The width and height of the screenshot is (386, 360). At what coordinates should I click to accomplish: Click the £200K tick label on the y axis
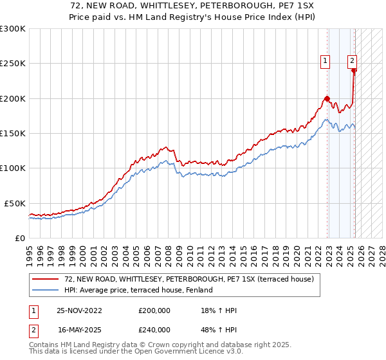(12, 98)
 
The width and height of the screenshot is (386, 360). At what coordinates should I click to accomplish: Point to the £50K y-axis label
(14, 203)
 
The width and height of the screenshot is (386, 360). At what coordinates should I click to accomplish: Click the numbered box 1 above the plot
(326, 61)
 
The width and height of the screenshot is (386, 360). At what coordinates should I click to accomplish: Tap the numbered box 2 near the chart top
(353, 61)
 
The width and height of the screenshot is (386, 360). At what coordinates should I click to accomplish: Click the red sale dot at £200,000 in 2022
(327, 98)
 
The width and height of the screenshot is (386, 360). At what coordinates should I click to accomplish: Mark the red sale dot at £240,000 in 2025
(354, 71)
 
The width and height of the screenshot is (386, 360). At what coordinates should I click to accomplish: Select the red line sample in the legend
(46, 279)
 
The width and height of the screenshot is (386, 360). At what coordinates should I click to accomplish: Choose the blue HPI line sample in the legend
(46, 290)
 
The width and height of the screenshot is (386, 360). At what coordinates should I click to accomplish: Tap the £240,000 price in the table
(154, 329)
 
